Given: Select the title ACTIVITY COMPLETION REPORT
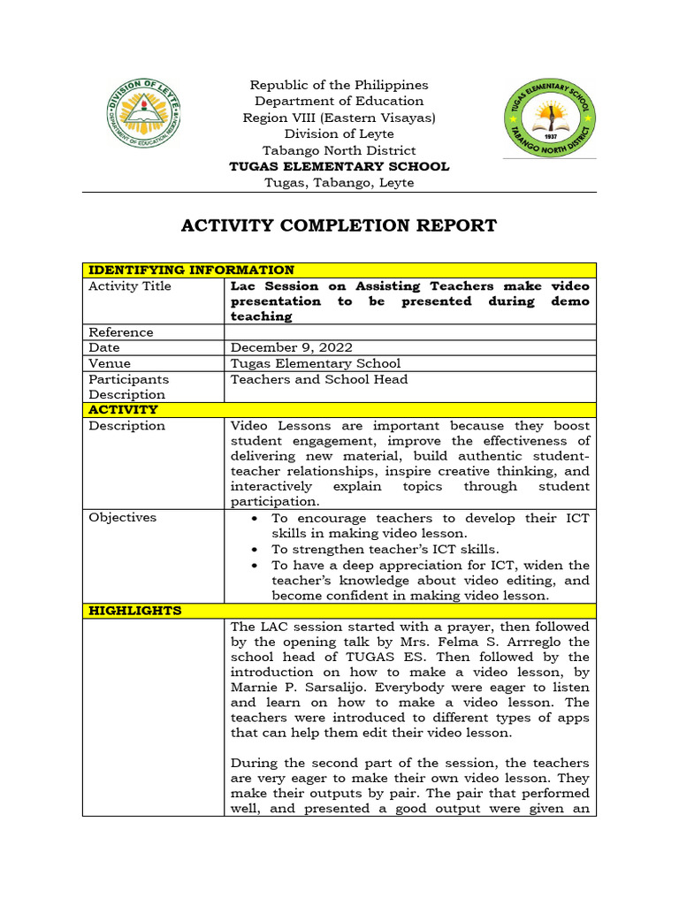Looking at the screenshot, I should click(339, 225).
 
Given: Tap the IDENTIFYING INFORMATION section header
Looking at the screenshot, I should click(191, 270).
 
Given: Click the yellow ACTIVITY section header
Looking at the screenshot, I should click(123, 410).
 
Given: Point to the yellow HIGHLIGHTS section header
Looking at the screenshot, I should click(134, 611).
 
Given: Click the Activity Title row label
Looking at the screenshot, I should click(130, 286).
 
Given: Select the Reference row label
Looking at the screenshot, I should click(121, 332).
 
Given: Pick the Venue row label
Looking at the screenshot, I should click(110, 363).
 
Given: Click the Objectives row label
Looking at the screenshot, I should click(122, 518).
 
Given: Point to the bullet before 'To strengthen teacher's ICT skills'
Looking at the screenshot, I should click(256, 550).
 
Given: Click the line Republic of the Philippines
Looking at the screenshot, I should click(339, 85).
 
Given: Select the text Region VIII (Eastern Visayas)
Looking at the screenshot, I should click(339, 118).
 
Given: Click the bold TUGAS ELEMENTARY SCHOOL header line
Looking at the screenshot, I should click(339, 166).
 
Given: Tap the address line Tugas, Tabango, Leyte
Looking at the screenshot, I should click(339, 183).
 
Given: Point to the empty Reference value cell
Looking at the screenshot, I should click(410, 332).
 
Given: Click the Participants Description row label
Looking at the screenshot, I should click(128, 387).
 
